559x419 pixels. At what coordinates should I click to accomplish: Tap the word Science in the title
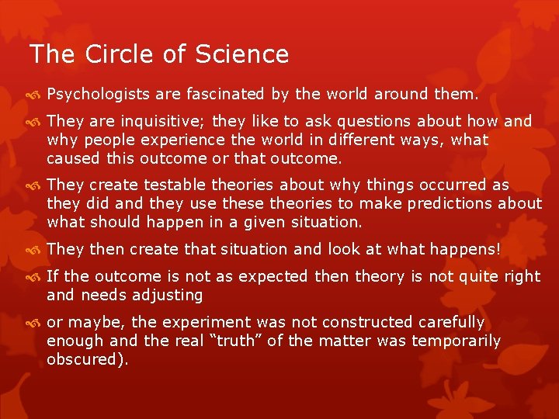click(x=242, y=54)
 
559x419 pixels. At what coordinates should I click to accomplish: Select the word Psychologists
click(x=99, y=95)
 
